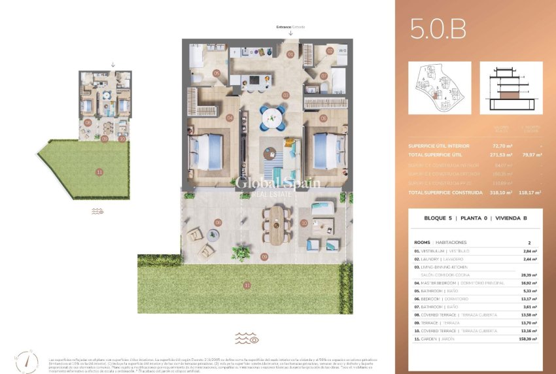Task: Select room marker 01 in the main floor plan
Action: coord(290,54)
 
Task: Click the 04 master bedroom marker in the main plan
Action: coord(230,118)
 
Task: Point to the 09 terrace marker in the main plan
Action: coord(264,256)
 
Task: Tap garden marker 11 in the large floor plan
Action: coord(247,285)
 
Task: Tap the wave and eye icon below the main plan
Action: coord(247,339)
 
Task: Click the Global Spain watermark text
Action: coord(278,184)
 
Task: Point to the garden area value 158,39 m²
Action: coord(526,339)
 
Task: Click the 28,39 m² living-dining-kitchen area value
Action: coord(527,275)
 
